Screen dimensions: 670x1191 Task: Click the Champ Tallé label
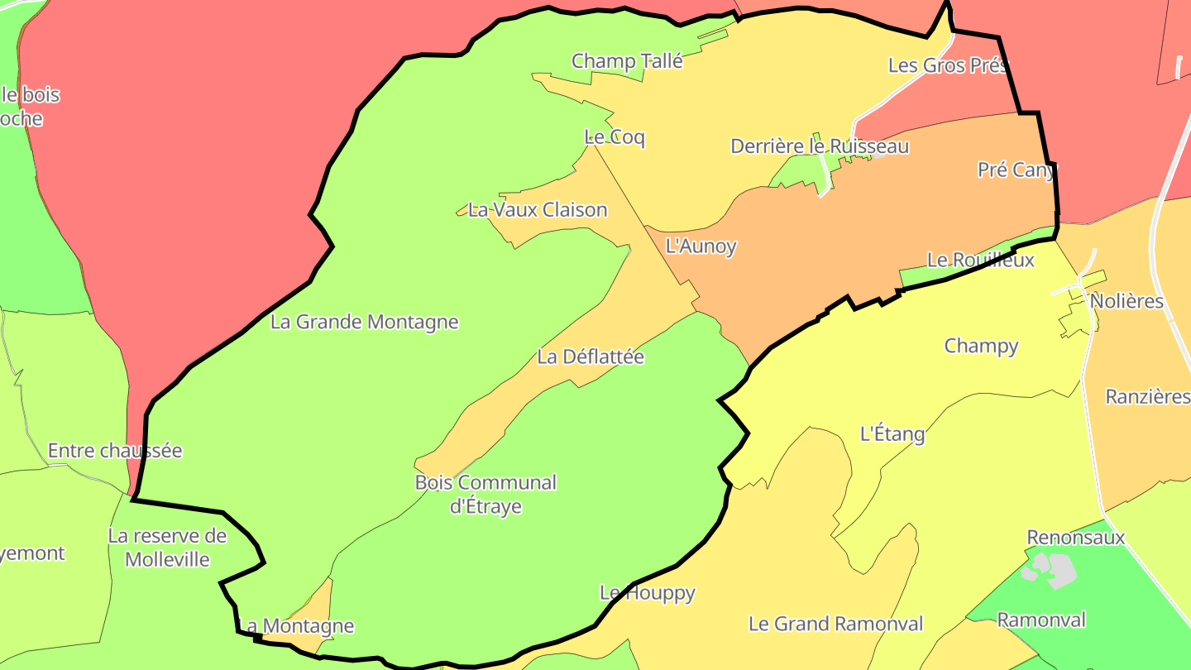pos(627,61)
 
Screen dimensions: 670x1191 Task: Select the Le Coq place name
pos(614,137)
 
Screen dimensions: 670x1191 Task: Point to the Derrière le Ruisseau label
pos(819,146)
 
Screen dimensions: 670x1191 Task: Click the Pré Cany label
pos(1016,170)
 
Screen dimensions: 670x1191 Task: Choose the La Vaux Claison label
pos(538,210)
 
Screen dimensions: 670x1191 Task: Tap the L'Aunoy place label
pos(701,246)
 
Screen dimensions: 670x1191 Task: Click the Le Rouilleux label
pos(980,260)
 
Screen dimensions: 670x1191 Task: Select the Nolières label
pos(1126,301)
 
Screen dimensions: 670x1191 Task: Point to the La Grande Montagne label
pos(364,322)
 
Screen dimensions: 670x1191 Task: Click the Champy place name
pos(981,346)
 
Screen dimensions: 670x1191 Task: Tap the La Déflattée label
pos(590,357)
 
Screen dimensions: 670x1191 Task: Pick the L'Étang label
pos(892,433)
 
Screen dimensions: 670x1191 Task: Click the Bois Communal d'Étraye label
pos(485,494)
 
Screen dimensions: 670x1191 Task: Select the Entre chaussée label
pos(115,451)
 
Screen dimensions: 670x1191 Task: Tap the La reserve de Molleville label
pos(167,548)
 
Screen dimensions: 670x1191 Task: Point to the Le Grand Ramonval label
pos(835,624)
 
